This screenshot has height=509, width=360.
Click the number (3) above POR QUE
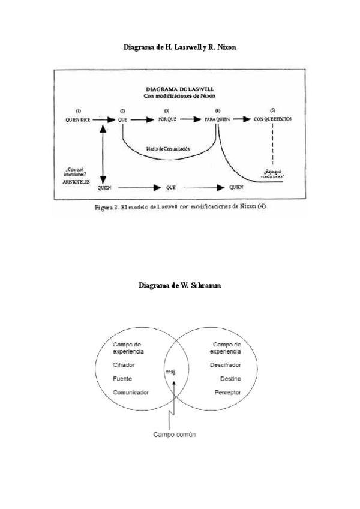point(167,110)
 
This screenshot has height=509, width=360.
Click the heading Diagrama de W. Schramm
point(179,286)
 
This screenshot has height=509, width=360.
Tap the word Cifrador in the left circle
point(124,365)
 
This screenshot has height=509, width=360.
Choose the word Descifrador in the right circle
point(226,365)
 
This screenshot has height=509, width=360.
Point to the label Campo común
point(174,433)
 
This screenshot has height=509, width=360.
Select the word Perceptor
point(228,392)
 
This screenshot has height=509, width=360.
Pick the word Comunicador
point(131,392)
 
